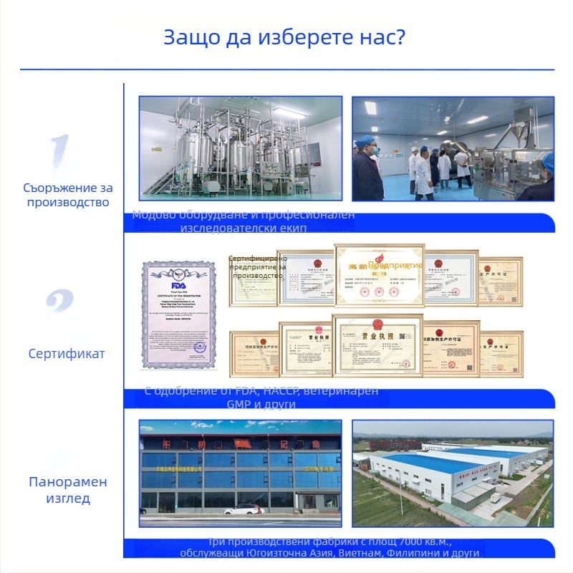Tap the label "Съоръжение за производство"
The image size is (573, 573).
point(68,195)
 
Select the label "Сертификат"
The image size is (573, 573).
point(67,353)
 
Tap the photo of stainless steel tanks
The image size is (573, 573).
point(241,149)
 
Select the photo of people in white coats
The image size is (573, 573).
point(453,149)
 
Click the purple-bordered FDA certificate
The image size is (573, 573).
point(178,314)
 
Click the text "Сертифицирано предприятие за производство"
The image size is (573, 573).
point(258,267)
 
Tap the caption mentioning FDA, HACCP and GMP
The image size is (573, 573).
point(266,398)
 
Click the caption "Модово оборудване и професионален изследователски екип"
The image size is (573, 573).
point(244,221)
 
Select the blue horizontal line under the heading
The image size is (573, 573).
point(286,69)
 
